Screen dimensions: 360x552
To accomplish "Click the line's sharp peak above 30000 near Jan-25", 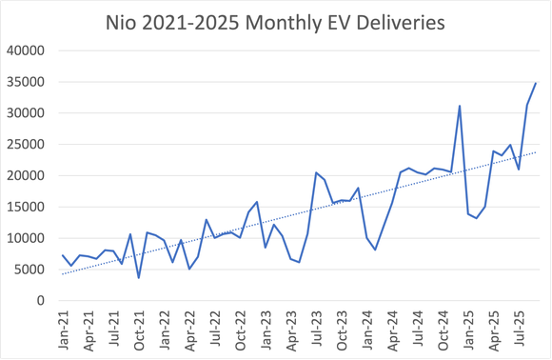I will coord(460,106).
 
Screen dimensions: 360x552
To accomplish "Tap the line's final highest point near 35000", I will coord(536,83).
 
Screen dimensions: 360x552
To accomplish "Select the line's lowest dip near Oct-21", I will coord(139,278).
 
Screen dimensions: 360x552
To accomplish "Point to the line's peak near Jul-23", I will coord(316,172).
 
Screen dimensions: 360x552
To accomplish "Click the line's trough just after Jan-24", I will coord(376,250).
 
